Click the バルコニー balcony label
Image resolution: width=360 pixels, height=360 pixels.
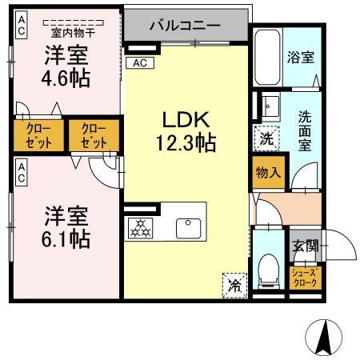[x=186, y=25]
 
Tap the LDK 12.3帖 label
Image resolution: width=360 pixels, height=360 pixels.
[x=186, y=132]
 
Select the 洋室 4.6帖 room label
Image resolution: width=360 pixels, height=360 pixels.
[x=66, y=68]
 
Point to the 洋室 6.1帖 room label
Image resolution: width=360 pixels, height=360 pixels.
[x=66, y=226]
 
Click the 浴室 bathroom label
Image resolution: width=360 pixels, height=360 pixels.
[x=301, y=57]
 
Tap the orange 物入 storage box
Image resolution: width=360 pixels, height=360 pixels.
[x=268, y=172]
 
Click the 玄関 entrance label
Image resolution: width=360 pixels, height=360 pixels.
[x=304, y=246]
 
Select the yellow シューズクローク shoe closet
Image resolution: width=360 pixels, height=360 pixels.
[x=304, y=278]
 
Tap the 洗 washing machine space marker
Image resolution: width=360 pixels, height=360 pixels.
[x=266, y=137]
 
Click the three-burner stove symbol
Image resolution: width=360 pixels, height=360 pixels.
[x=142, y=229]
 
